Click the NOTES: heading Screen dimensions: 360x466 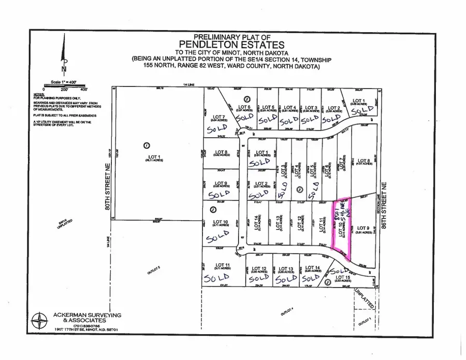click(x=37, y=95)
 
